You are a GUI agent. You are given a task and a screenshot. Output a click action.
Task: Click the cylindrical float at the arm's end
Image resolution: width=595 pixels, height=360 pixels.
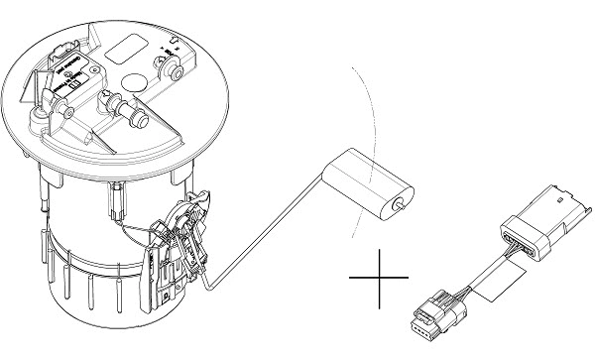[373, 186]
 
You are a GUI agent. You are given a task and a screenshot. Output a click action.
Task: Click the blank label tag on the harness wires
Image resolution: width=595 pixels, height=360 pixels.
[492, 281]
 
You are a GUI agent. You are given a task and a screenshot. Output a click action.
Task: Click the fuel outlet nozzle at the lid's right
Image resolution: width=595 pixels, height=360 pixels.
[172, 71]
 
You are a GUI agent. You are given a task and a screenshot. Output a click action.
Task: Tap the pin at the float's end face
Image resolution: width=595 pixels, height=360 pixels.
[399, 205]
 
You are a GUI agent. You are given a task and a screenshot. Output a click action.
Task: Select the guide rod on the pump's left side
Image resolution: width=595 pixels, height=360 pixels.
[46, 203]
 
